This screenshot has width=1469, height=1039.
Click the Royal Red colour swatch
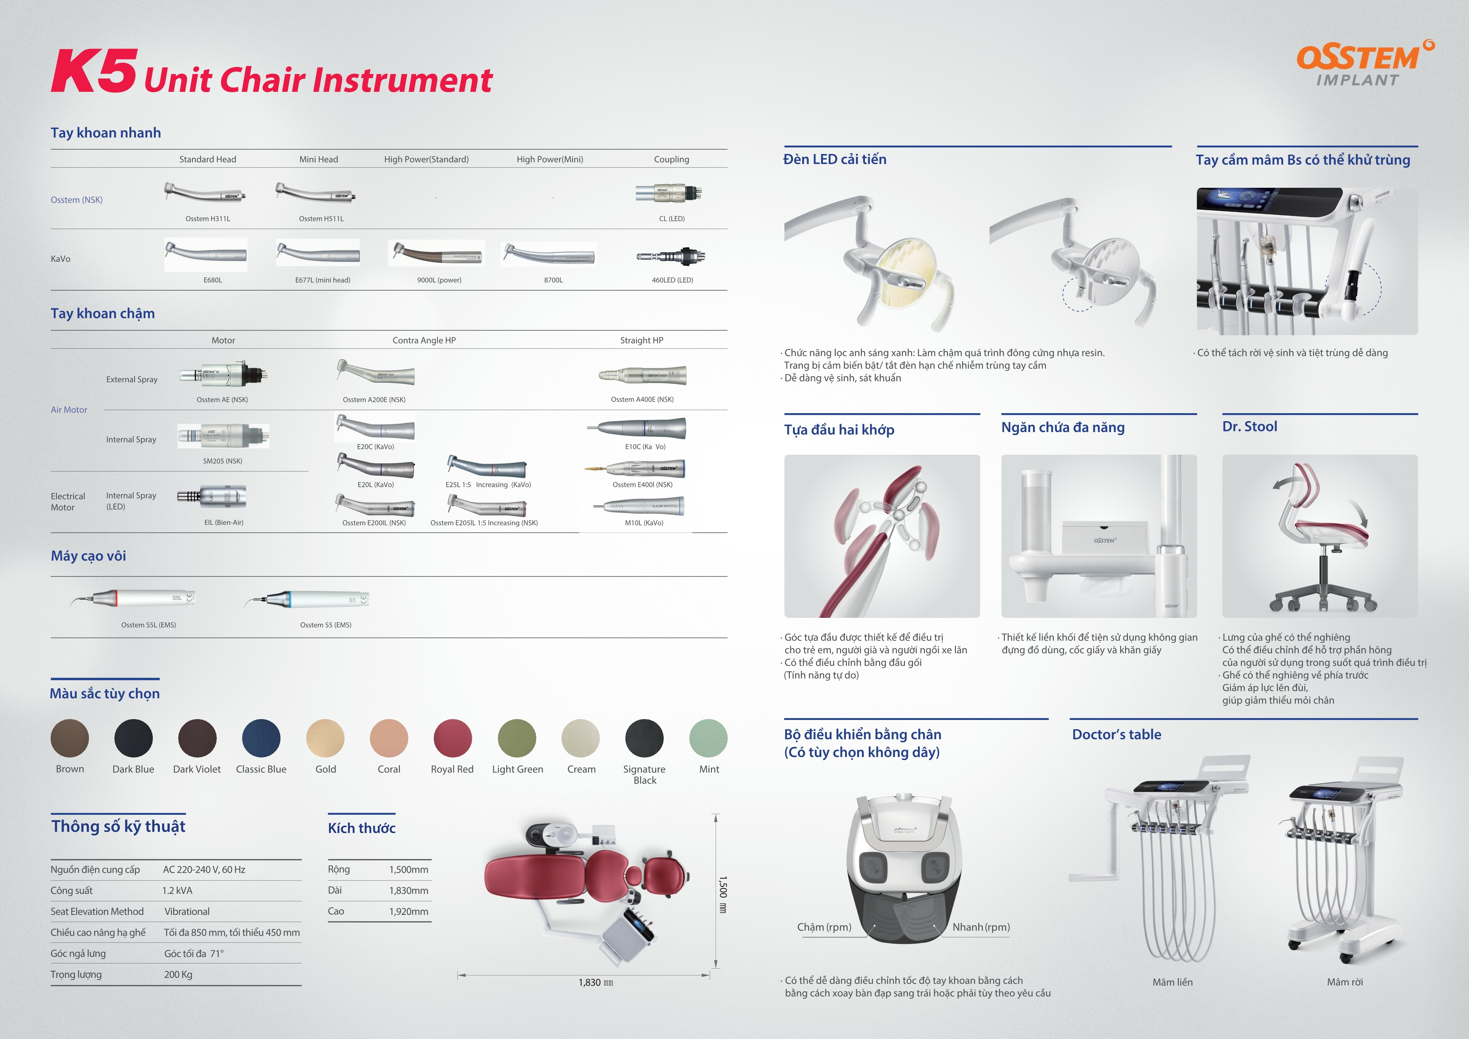coord(452,738)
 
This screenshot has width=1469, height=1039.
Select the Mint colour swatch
coord(708,738)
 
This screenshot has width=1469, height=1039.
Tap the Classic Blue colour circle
coord(261,738)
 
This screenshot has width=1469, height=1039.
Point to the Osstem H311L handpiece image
coord(205,194)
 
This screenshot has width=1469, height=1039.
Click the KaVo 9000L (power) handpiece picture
coord(437,253)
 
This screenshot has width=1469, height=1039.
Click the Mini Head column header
coord(319,159)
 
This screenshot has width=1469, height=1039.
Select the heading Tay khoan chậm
coord(103,313)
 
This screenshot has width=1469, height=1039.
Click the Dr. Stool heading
coord(1250,427)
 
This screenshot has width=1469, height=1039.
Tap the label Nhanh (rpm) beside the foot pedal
coord(981,927)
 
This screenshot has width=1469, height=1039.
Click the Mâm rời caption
coord(1345,982)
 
